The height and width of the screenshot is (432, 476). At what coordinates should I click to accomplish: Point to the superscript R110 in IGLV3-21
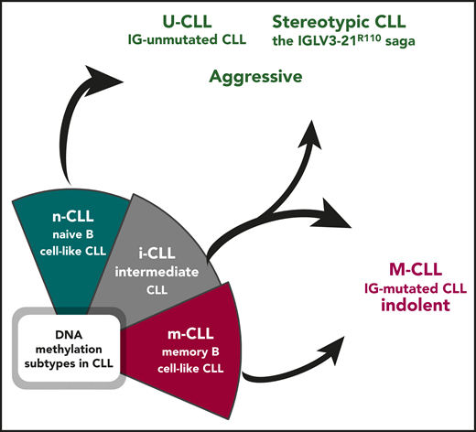click(x=364, y=36)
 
